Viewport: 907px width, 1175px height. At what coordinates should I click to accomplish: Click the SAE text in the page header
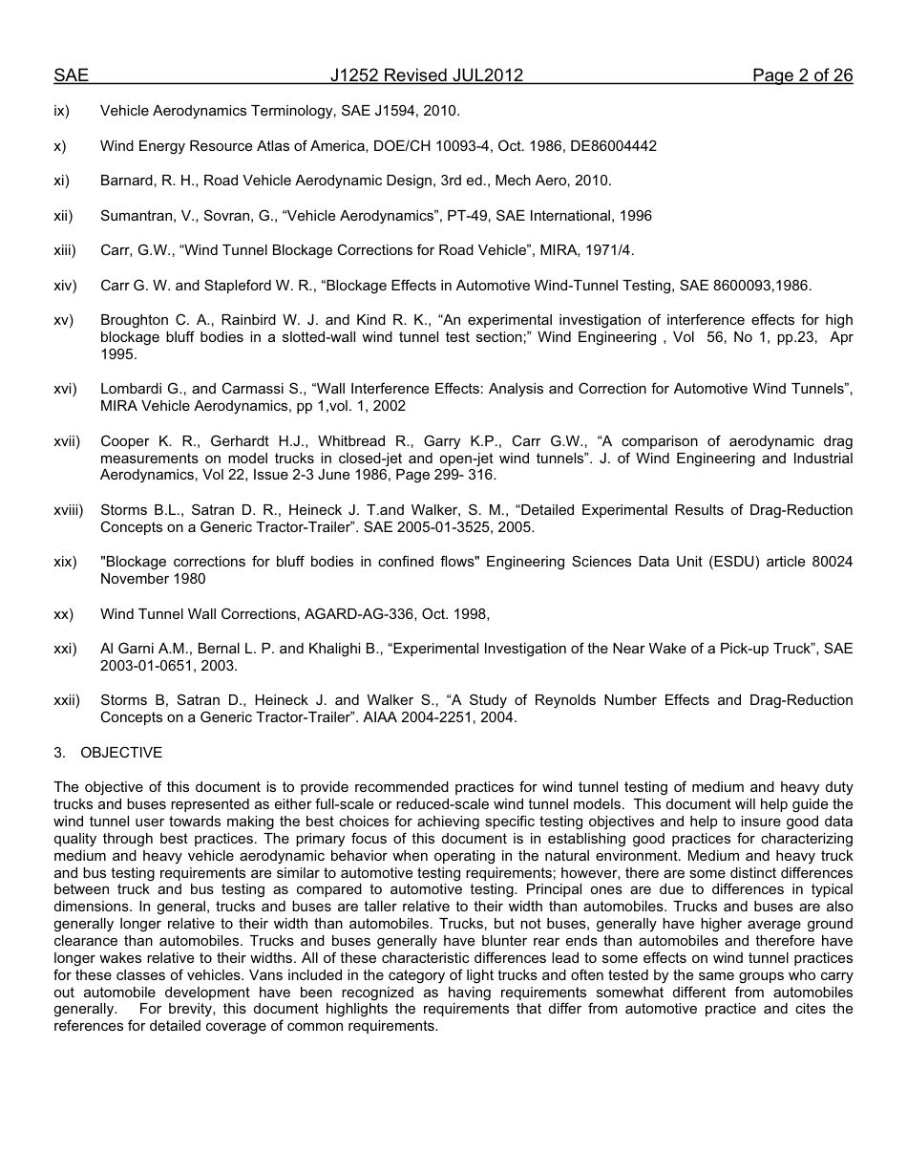71,75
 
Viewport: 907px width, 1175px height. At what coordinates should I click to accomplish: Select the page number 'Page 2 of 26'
802,75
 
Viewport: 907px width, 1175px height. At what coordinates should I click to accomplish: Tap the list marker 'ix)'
62,112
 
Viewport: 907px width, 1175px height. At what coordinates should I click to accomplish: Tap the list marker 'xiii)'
64,250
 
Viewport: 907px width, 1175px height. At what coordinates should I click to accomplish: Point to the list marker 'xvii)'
67,441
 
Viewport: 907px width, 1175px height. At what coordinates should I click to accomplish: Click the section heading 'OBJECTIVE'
121,753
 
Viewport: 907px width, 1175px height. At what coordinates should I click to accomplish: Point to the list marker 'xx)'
63,614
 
